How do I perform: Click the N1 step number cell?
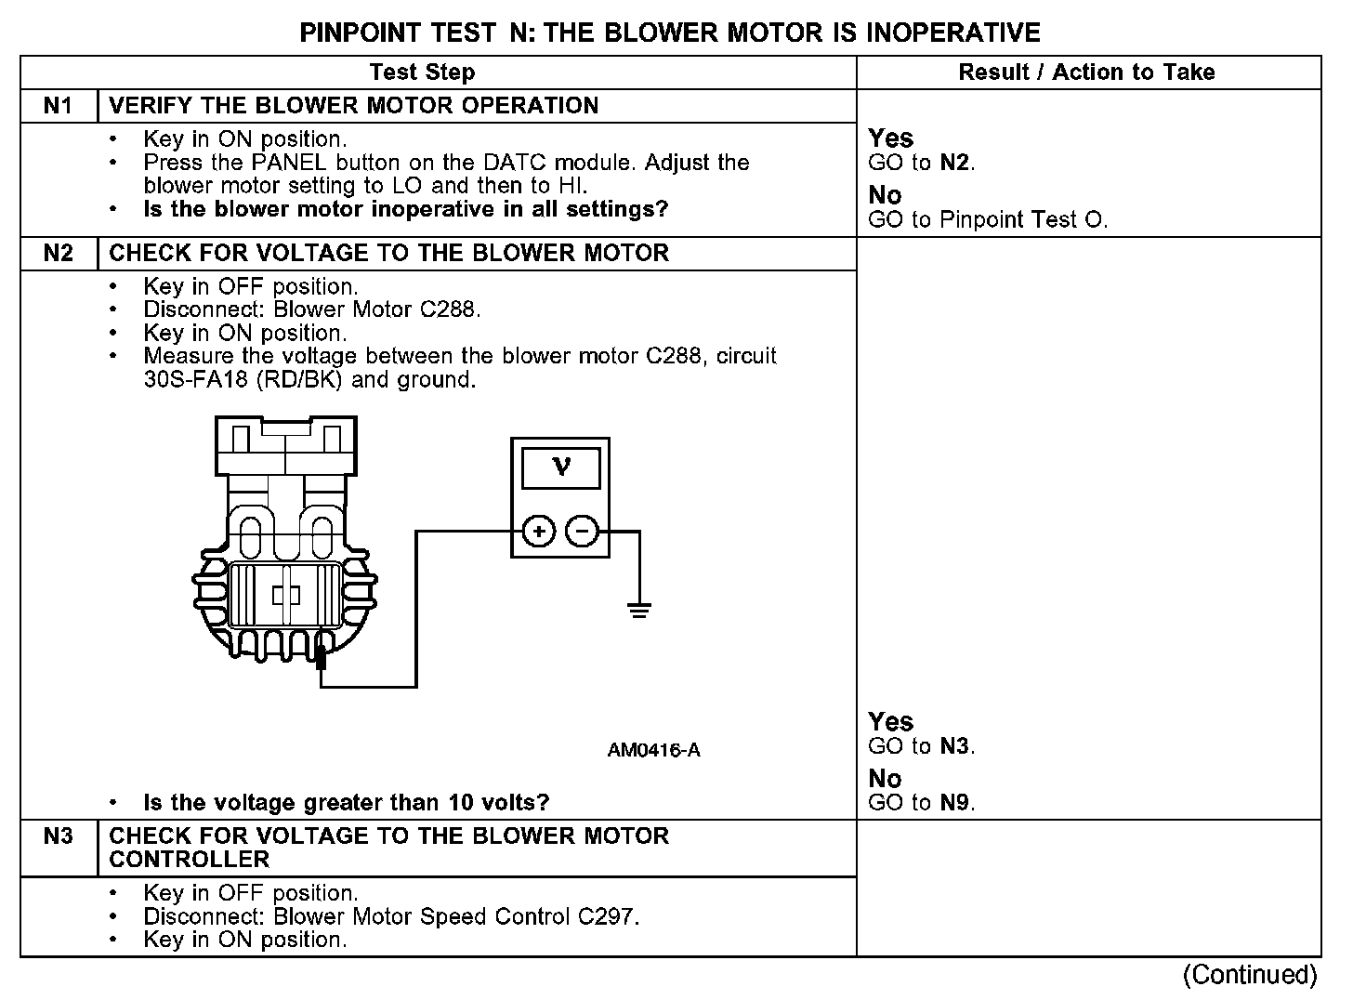pyautogui.click(x=58, y=106)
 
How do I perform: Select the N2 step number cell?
pyautogui.click(x=58, y=254)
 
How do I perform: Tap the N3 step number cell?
pyautogui.click(x=58, y=836)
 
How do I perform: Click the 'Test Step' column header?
pyautogui.click(x=422, y=72)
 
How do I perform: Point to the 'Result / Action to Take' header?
pyautogui.click(x=1086, y=72)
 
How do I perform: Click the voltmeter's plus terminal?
pyautogui.click(x=539, y=532)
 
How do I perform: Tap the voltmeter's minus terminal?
pyautogui.click(x=582, y=532)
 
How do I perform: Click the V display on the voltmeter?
pyautogui.click(x=560, y=467)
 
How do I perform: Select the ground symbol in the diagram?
pyautogui.click(x=639, y=610)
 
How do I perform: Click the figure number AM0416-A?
pyautogui.click(x=653, y=750)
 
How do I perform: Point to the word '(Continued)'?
pyautogui.click(x=1250, y=975)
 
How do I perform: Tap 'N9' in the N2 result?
pyautogui.click(x=956, y=803)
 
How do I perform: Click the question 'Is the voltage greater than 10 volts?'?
pyautogui.click(x=346, y=803)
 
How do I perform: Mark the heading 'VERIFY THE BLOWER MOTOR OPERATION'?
pyautogui.click(x=353, y=106)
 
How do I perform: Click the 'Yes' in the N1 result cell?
pyautogui.click(x=890, y=139)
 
